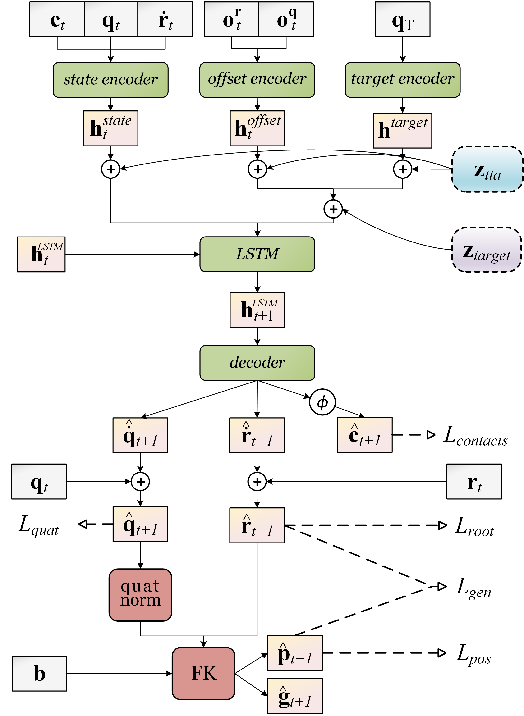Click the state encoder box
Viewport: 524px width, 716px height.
pyautogui.click(x=110, y=80)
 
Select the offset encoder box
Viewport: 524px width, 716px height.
pyautogui.click(x=257, y=80)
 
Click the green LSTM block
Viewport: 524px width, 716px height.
pyautogui.click(x=257, y=254)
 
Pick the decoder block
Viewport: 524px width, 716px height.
pyautogui.click(x=257, y=362)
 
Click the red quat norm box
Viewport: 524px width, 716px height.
pyautogui.click(x=140, y=595)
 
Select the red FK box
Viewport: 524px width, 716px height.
pyautogui.click(x=203, y=673)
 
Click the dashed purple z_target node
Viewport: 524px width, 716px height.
pyautogui.click(x=486, y=250)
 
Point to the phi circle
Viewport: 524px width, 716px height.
pyautogui.click(x=322, y=402)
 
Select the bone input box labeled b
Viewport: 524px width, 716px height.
pyautogui.click(x=39, y=673)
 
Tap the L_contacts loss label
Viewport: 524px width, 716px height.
pyautogui.click(x=475, y=436)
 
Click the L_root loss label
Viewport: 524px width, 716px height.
pyautogui.click(x=474, y=526)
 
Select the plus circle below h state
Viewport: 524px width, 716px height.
pyautogui.click(x=110, y=169)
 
